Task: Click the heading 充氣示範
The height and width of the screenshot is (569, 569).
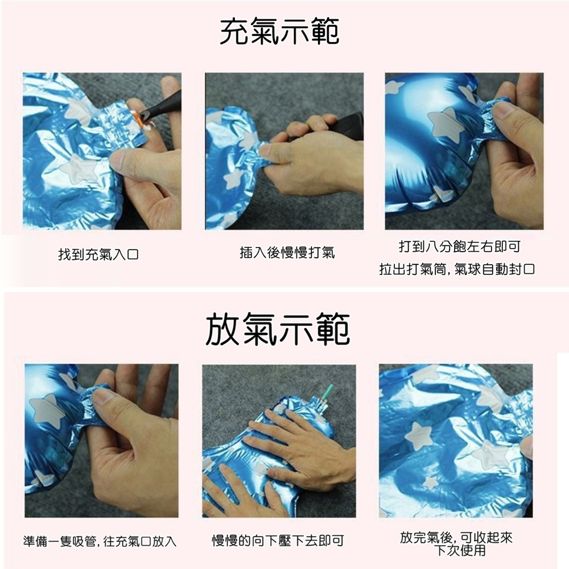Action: (x=279, y=32)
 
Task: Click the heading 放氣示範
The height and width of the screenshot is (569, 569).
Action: (x=278, y=329)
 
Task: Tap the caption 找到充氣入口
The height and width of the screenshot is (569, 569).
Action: (x=98, y=254)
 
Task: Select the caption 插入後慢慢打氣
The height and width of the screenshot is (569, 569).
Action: (x=287, y=253)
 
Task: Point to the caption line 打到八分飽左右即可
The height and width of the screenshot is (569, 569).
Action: (x=460, y=247)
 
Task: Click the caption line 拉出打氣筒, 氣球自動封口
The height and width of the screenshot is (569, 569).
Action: (x=457, y=269)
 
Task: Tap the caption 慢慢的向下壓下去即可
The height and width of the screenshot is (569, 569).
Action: (x=278, y=541)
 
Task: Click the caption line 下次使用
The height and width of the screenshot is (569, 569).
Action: (x=460, y=550)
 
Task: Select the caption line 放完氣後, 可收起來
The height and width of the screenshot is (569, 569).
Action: (x=456, y=538)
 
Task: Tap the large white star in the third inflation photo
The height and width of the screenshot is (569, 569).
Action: (x=444, y=124)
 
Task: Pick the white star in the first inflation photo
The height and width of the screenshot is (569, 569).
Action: (x=79, y=169)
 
